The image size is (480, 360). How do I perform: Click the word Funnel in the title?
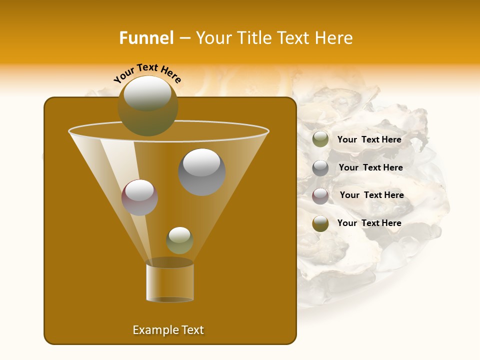click(146, 38)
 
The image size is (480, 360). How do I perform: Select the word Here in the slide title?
click(331, 38)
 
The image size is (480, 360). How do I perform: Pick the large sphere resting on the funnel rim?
click(148, 105)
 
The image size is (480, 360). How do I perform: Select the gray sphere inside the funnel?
click(201, 171)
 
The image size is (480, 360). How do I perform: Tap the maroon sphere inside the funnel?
click(139, 197)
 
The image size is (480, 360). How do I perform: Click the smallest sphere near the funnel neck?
click(179, 240)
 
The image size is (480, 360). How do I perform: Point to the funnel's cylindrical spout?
click(169, 282)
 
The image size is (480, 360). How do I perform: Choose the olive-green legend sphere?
click(320, 139)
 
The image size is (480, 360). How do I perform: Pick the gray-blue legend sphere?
click(320, 168)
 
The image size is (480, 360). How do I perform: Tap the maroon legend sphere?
click(320, 196)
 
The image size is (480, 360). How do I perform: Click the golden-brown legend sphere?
click(320, 223)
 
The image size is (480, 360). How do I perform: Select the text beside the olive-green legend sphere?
click(369, 139)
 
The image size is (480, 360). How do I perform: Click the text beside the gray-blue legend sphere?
click(370, 167)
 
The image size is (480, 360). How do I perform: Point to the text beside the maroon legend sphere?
click(371, 195)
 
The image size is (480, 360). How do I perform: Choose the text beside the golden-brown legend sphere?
click(369, 223)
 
